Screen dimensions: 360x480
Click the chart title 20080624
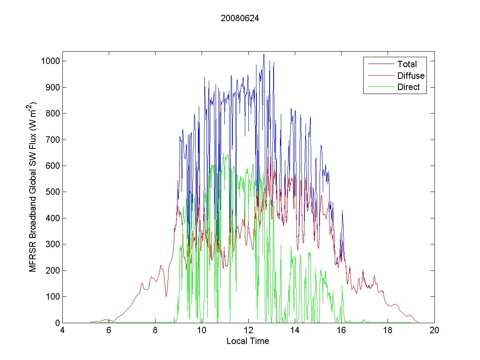tap(240, 18)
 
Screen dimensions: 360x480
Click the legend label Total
tap(407, 64)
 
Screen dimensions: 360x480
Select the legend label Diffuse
tap(411, 76)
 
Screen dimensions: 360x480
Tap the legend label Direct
tap(408, 88)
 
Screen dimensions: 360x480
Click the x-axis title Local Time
tap(248, 341)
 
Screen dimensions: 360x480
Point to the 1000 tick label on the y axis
tap(51, 61)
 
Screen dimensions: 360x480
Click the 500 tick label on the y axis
tap(53, 192)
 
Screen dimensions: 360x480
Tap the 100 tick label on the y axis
tap(53, 297)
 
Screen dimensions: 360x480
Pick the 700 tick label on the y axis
tap(53, 140)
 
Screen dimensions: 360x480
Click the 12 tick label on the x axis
tap(248, 331)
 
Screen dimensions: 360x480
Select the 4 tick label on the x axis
tap(62, 331)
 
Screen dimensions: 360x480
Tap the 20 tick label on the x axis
tap(434, 331)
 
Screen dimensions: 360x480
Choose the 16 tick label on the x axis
tap(341, 331)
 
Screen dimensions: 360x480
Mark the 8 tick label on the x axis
tap(155, 331)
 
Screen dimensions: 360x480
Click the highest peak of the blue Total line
tap(264, 54)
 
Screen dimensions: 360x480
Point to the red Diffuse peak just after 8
tap(161, 265)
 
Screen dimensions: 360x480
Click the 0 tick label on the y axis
tap(58, 323)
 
